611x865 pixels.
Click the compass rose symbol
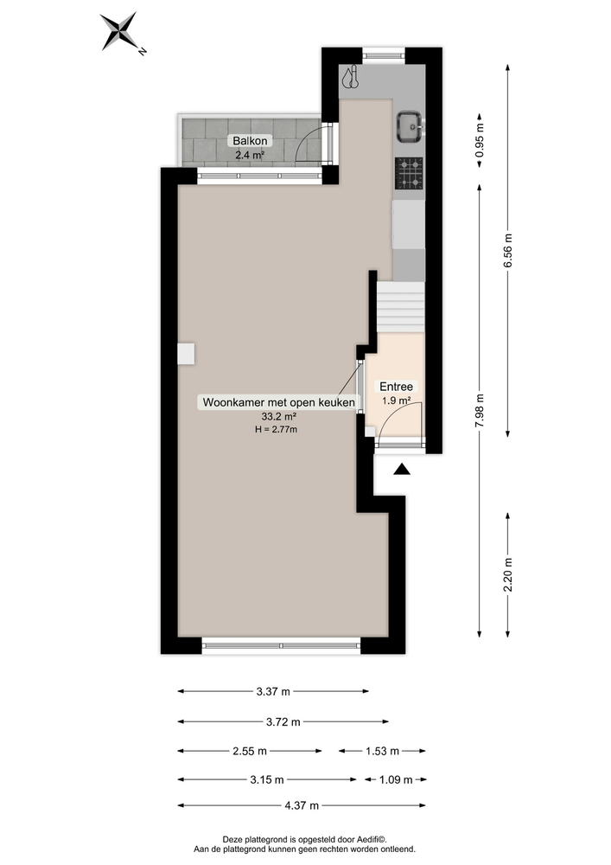(x=120, y=32)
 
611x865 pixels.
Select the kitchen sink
(x=409, y=126)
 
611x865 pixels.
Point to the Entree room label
(x=398, y=387)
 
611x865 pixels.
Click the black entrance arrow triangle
(x=402, y=470)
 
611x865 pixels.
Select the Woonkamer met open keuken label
(x=278, y=402)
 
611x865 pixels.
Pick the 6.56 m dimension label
(x=509, y=251)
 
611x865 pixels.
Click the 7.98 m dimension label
(x=481, y=410)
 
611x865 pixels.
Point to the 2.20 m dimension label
(x=509, y=572)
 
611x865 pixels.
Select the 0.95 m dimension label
(x=481, y=141)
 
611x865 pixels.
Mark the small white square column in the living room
(x=186, y=352)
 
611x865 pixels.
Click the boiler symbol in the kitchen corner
(x=349, y=78)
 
